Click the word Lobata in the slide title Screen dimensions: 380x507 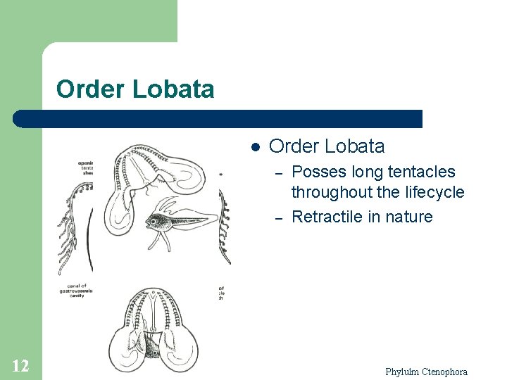(173, 89)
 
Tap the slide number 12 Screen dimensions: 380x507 (20, 365)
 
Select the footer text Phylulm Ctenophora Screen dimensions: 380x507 (426, 372)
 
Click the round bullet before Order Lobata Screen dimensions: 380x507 (256, 147)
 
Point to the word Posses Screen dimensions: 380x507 (315, 172)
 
